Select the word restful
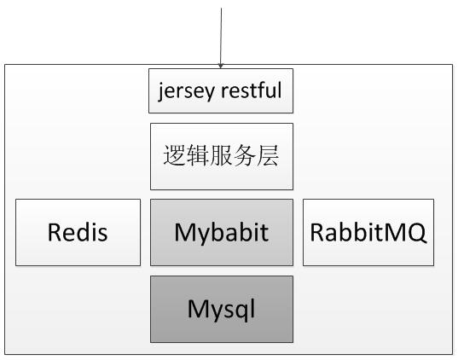point(252,90)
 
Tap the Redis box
point(78,232)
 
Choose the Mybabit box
point(222,232)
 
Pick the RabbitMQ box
point(368,232)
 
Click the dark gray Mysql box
point(222,309)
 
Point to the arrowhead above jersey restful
point(221,66)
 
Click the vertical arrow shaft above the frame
point(221,37)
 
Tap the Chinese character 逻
point(174,155)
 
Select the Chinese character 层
point(268,155)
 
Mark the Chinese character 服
point(221,155)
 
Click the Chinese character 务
point(244,155)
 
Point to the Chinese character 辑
point(198,155)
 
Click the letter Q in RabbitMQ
point(415,233)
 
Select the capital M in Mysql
point(199,309)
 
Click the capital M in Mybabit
point(185,232)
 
